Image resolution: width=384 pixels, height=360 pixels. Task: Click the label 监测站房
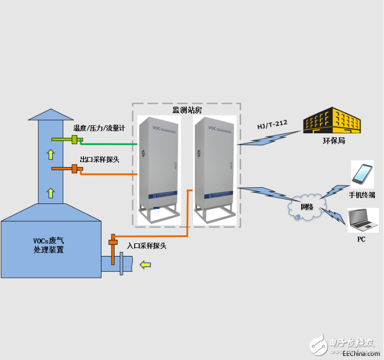tap(187, 110)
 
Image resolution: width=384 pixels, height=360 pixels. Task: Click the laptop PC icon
tap(362, 219)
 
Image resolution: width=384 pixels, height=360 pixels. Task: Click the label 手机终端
tap(362, 194)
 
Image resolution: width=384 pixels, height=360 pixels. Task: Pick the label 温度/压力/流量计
tap(99, 128)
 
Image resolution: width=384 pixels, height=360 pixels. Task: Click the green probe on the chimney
tap(75, 139)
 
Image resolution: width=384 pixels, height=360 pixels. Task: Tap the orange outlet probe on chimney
tap(74, 169)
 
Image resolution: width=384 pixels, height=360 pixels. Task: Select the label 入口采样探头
tap(146, 246)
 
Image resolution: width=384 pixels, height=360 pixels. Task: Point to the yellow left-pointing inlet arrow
tap(145, 264)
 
